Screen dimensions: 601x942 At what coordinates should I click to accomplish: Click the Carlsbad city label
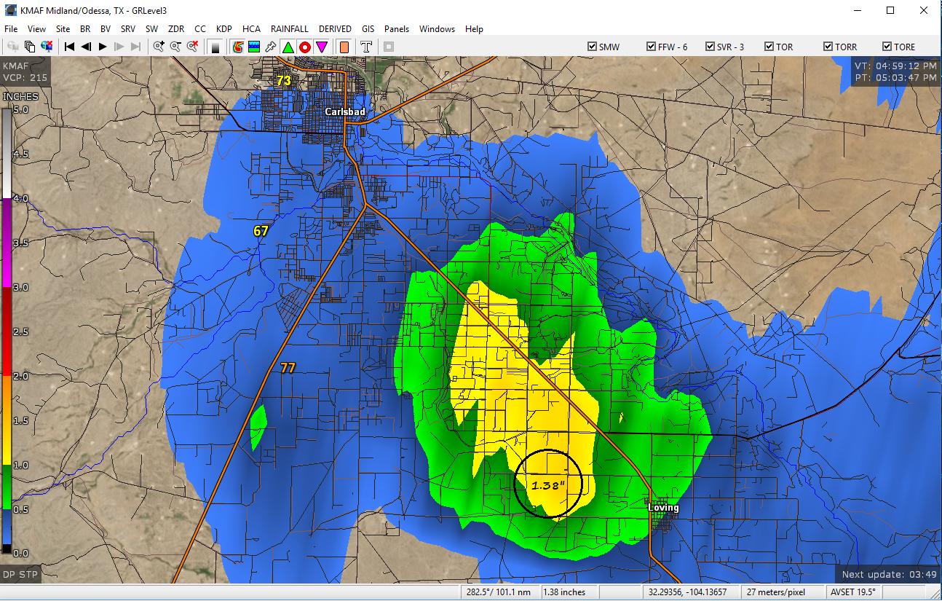click(345, 111)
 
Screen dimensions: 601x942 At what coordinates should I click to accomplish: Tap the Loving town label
click(662, 508)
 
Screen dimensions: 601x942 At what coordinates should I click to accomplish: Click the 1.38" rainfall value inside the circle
click(547, 484)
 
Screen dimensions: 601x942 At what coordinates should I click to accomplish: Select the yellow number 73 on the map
click(283, 81)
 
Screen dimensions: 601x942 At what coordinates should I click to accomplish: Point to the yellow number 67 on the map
click(261, 231)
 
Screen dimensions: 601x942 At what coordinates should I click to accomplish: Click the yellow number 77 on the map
click(288, 368)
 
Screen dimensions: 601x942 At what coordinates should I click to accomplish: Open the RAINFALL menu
click(290, 29)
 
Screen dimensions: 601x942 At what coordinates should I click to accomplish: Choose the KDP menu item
click(224, 29)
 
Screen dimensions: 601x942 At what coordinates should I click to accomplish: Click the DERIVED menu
click(335, 29)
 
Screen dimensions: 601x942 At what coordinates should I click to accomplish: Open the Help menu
click(474, 29)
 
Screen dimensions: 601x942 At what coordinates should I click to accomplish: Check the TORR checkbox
click(828, 47)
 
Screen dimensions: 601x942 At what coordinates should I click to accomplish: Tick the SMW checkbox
click(593, 47)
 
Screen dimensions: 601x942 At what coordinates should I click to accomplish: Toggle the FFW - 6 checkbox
click(652, 47)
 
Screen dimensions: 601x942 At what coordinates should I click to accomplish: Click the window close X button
click(923, 10)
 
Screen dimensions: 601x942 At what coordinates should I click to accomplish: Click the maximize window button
click(890, 10)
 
